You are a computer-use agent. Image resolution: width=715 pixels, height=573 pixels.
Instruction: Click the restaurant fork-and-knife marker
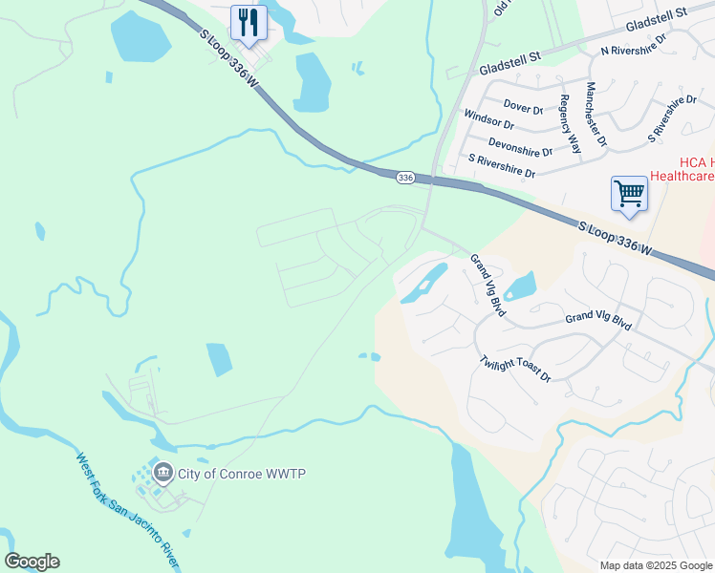[x=249, y=22]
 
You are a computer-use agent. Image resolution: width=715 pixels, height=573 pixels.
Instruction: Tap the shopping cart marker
[x=630, y=193]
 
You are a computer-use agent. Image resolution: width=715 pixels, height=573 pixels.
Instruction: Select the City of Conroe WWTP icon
[x=162, y=472]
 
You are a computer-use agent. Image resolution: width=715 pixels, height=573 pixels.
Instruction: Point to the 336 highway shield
[x=405, y=178]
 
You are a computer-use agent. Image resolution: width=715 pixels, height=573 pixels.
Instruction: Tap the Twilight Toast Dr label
[x=516, y=370]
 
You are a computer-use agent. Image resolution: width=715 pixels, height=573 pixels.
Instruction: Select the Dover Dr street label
[x=523, y=109]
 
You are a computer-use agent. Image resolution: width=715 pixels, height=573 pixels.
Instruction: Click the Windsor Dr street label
[x=488, y=119]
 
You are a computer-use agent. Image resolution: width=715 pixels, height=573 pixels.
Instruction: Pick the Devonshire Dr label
[x=520, y=146]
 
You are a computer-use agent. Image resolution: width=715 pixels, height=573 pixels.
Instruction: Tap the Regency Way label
[x=571, y=124]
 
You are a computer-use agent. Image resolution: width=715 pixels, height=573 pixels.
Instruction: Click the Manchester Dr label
[x=596, y=114]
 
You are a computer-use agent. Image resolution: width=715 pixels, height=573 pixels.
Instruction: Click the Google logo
[x=32, y=562]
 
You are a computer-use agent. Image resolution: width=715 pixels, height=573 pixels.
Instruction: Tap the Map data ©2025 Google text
[x=656, y=565]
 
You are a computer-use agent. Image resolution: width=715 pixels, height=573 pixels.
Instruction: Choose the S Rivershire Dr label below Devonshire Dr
[x=501, y=166]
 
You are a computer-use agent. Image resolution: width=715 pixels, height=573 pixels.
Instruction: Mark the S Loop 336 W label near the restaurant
[x=230, y=58]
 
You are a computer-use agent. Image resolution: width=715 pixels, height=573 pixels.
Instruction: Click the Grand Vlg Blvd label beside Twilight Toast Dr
[x=598, y=322]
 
